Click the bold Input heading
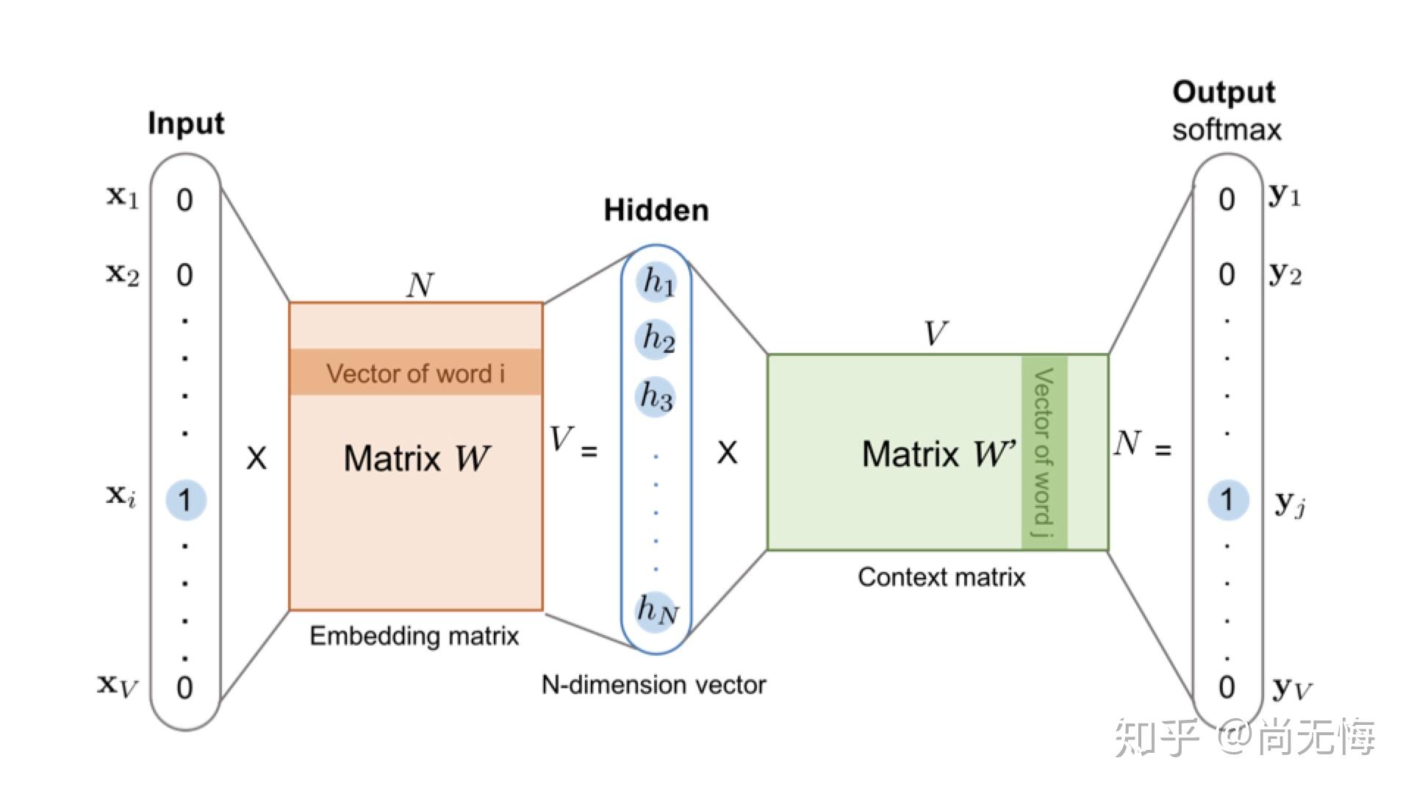186,124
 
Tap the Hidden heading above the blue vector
656,211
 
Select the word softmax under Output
1226,130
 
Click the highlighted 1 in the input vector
185,500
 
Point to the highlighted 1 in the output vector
1227,500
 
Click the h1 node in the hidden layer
656,282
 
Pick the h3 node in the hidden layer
656,396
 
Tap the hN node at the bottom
656,610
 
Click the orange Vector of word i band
416,373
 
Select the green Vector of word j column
1044,452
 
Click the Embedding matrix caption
414,636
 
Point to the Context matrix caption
941,577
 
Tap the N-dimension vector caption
653,685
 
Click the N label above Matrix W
420,285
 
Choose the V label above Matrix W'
935,334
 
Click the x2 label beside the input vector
123,274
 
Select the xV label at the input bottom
118,686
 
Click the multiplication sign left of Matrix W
256,458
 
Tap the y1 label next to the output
1285,196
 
